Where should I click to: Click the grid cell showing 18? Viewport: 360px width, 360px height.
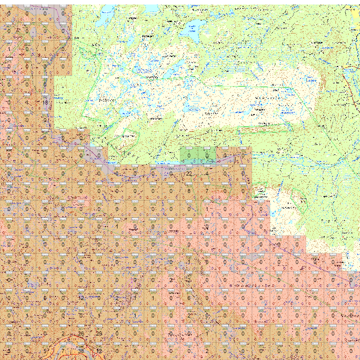pyautogui.click(x=45, y=102)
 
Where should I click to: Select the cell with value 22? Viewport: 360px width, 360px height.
pyautogui.click(x=189, y=173)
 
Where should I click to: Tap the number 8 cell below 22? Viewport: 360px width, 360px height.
pyautogui.click(x=189, y=191)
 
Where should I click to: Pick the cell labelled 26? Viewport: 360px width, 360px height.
pyautogui.click(x=81, y=334)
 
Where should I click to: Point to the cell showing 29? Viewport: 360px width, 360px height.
pyautogui.click(x=99, y=334)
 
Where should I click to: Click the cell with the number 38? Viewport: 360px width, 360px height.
pyautogui.click(x=81, y=351)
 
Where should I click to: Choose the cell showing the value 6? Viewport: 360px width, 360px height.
pyautogui.click(x=189, y=298)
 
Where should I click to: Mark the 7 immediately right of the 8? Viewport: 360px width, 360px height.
pyautogui.click(x=206, y=191)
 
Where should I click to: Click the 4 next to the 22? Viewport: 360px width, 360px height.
pyautogui.click(x=206, y=173)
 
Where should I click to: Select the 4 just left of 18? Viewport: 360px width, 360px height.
pyautogui.click(x=27, y=102)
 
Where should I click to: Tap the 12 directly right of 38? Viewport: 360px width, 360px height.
pyautogui.click(x=99, y=351)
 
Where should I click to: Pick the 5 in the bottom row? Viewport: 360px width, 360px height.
pyautogui.click(x=45, y=351)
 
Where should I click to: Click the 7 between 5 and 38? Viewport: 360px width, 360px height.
pyautogui.click(x=63, y=351)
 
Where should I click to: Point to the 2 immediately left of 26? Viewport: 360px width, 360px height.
pyautogui.click(x=63, y=334)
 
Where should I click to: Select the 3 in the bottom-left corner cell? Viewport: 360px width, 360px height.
pyautogui.click(x=9, y=351)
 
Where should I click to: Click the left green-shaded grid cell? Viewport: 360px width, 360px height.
pyautogui.click(x=189, y=155)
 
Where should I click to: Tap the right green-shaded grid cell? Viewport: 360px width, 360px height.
pyautogui.click(x=207, y=155)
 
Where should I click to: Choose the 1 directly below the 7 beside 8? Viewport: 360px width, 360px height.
pyautogui.click(x=206, y=209)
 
